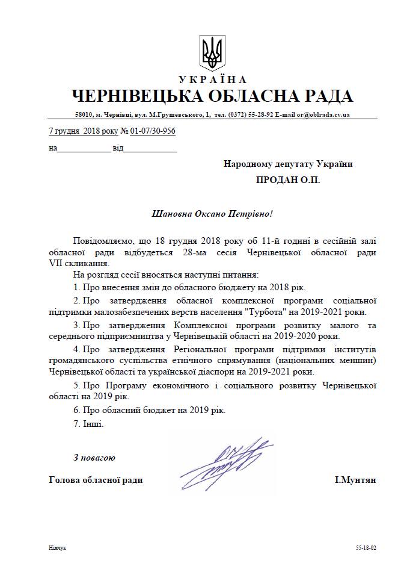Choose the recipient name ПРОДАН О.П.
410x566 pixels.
288,180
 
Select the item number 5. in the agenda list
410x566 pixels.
77,384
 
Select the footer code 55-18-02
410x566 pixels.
366,549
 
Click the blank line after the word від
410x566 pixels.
150,148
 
